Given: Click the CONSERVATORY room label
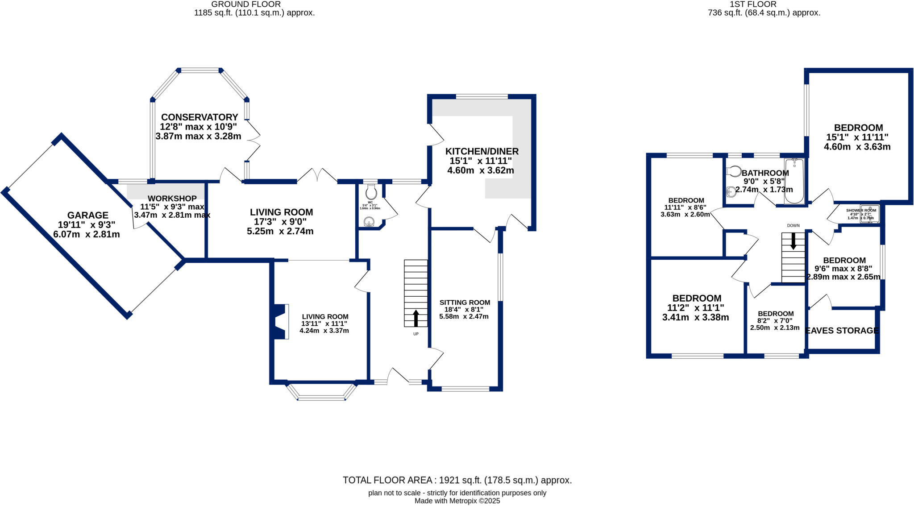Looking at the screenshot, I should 199,117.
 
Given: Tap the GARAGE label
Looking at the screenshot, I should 88,216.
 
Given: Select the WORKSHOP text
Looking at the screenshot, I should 172,199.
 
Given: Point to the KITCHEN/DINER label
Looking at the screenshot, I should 482,152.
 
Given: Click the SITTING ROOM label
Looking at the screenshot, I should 465,303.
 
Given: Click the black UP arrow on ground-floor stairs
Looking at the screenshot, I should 416,318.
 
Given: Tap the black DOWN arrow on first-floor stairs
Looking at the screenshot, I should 793,241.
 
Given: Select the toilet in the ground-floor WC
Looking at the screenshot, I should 371,193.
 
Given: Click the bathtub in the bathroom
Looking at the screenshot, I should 794,182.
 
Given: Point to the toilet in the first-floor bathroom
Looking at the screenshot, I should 733,171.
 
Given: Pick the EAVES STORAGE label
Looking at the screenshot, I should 842,331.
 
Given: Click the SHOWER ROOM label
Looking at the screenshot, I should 861,211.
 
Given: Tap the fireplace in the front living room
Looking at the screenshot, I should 280,322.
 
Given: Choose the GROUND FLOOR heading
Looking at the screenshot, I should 246,4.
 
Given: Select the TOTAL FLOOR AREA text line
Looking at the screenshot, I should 457,481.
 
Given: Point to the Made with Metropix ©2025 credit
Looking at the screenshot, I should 457,501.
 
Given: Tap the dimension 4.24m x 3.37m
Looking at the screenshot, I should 324,331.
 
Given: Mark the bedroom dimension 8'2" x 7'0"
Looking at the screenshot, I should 775,321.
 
